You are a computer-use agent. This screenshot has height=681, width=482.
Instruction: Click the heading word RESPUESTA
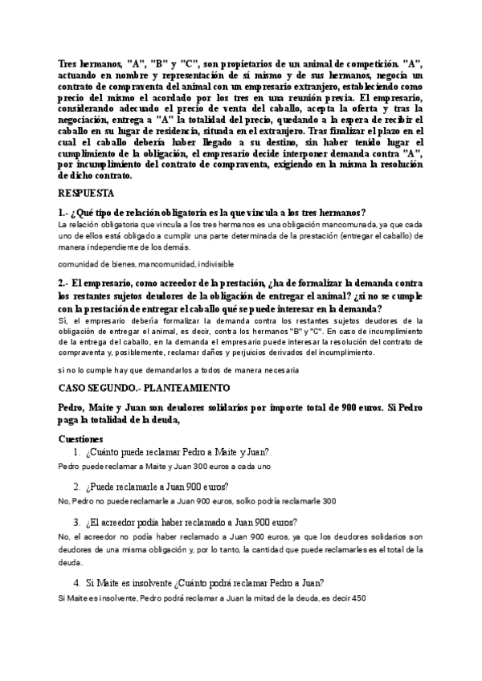87,194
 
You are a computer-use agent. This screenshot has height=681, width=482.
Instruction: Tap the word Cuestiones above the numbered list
86,439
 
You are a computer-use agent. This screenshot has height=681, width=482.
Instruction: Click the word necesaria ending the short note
278,369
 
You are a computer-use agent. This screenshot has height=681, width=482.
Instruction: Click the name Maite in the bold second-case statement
102,406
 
